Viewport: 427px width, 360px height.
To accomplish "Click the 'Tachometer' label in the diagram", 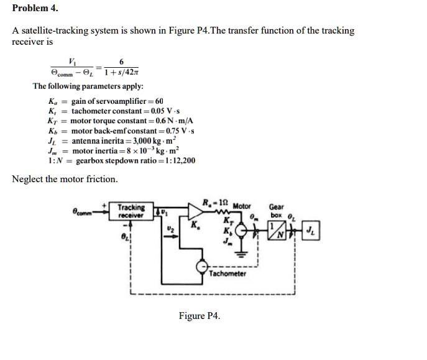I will point(227,274).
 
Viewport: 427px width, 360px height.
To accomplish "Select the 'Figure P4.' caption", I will point(199,316).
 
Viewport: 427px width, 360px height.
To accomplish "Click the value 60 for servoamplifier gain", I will point(159,101).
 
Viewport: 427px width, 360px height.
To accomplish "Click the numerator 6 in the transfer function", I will point(121,61).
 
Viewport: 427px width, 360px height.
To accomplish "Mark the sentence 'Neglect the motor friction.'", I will point(65,179).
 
